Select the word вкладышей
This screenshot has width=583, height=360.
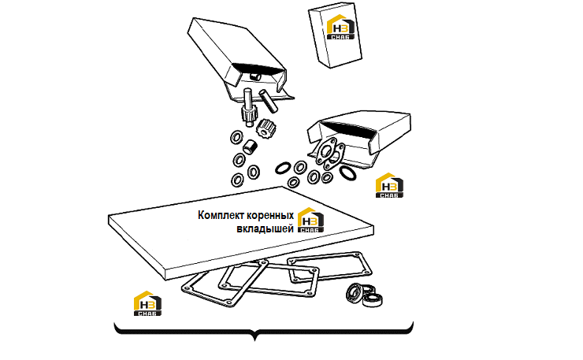(265, 228)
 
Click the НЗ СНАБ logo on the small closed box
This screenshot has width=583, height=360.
(340, 27)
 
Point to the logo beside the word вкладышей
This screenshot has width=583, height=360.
(311, 220)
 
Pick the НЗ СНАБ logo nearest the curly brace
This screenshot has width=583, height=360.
(147, 303)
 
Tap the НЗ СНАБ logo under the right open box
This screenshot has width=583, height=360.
(389, 185)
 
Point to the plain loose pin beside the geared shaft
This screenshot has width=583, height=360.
(269, 101)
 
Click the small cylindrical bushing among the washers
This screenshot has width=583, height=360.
(250, 147)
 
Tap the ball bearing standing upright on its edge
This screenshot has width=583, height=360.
(355, 292)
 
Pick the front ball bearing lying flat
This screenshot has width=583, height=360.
(373, 300)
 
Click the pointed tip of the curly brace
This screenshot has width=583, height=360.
(255, 340)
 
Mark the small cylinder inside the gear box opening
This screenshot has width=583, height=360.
(255, 76)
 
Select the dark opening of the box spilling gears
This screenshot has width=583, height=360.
(257, 69)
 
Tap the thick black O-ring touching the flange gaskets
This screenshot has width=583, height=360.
(347, 173)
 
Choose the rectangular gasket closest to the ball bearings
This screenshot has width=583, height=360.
(329, 267)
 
